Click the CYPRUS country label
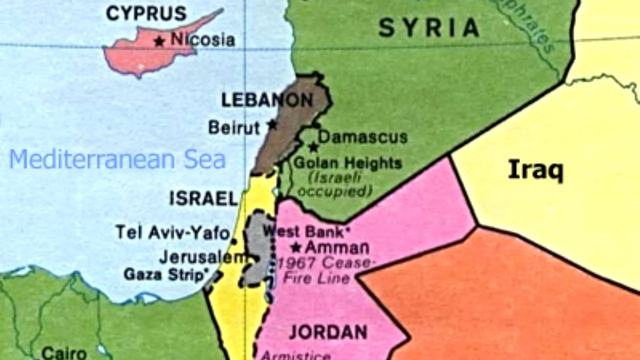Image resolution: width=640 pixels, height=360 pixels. coord(146,13)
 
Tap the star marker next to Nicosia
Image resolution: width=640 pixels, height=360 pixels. coord(159,41)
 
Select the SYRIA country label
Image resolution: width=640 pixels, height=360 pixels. coord(428,27)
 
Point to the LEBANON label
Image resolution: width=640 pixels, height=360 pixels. coord(267,100)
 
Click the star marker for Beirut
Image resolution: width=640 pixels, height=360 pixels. coord(272,124)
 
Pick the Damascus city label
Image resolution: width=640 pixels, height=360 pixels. coord(362,137)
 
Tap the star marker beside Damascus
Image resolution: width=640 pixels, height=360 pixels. coord(313,147)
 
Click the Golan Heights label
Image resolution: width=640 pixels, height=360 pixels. coord(347,163)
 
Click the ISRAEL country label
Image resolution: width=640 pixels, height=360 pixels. coord(203,198)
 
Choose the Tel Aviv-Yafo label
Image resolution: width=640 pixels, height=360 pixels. coord(172,232)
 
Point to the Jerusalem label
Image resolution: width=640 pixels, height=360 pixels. coord(202,257)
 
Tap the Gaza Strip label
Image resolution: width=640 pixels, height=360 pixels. coord(165,274)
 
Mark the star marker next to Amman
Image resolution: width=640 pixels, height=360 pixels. coord(296,247)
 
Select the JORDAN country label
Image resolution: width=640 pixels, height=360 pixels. coord(328,332)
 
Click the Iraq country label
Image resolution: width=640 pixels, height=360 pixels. coord(535,170)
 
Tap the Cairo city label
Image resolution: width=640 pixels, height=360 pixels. coord(64,353)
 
